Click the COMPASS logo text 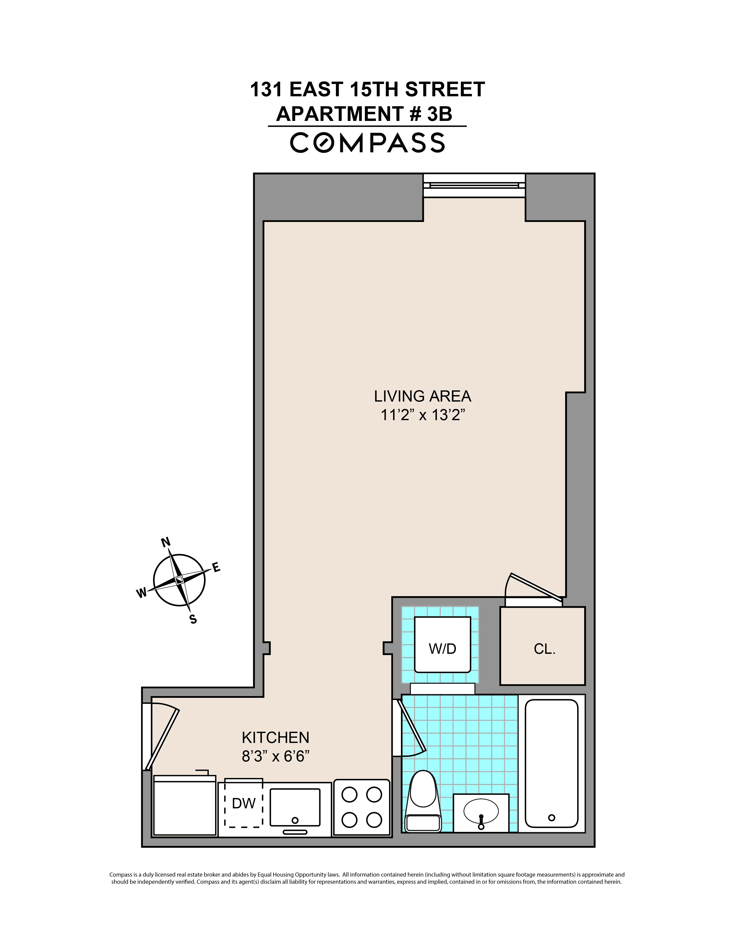367,143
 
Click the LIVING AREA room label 422,396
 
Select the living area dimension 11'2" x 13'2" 422,415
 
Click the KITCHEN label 275,738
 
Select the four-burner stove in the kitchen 361,807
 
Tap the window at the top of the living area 474,185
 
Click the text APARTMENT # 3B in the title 364,114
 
